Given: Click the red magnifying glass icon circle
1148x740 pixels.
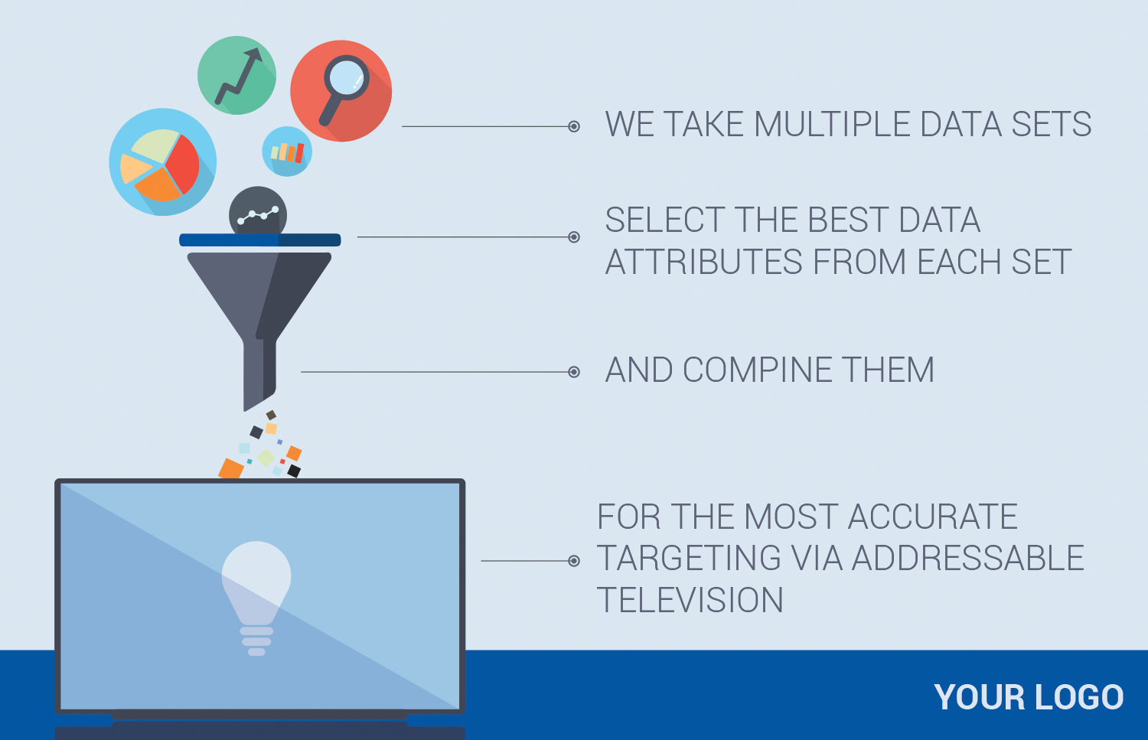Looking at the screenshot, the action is tap(341, 91).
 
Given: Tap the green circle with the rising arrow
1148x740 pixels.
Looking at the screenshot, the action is tap(236, 75).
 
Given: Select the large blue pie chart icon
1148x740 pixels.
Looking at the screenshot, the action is tap(163, 162).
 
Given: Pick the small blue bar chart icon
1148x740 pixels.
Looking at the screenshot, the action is tap(287, 152).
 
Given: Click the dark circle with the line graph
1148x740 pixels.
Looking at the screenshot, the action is tap(258, 211).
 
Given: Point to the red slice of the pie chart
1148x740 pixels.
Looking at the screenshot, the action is tap(182, 164).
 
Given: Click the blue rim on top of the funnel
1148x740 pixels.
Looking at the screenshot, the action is tap(260, 240).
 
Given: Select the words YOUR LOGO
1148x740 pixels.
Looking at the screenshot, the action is tap(1029, 697).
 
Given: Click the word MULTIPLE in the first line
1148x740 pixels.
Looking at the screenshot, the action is tap(833, 125).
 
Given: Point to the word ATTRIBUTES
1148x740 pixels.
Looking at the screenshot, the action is tap(703, 262).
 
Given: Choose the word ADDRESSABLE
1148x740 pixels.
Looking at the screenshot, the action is tap(968, 558).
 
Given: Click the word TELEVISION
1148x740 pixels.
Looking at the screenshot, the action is tap(690, 600).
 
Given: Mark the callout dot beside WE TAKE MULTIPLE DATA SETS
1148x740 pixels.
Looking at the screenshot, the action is tap(574, 126).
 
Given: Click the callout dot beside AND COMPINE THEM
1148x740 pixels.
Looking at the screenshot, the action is tap(574, 372).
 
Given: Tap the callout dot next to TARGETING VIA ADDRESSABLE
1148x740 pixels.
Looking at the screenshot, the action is tap(574, 561).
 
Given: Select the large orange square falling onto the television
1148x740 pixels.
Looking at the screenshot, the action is tap(231, 468).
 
